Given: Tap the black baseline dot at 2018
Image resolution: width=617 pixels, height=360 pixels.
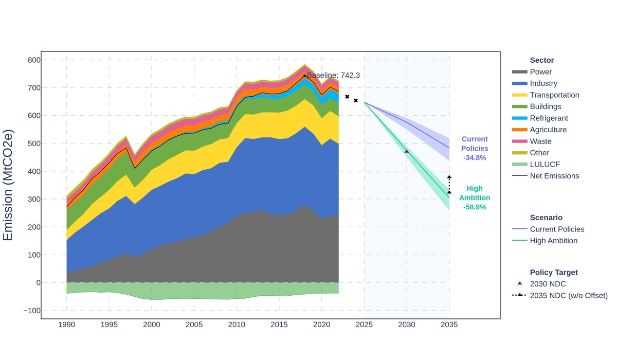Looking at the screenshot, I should [x=304, y=76].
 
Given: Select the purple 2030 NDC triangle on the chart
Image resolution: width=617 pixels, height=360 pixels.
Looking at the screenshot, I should [x=407, y=151].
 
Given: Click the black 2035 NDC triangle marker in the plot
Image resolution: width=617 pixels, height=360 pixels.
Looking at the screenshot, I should [x=449, y=192].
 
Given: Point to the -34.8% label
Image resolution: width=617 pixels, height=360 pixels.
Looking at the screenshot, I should [x=475, y=158].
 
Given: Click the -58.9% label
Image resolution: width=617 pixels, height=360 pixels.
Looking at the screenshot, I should [x=475, y=207].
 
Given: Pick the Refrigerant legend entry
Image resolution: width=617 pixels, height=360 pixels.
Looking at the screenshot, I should [x=549, y=118].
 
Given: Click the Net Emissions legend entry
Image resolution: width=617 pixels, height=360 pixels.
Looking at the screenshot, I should [x=554, y=176].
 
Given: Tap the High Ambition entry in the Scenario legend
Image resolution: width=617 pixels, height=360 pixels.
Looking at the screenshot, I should [x=553, y=241].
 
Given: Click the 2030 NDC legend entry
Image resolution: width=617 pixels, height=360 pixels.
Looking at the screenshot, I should [x=548, y=284].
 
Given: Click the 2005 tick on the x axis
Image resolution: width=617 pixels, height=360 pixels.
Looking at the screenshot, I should [x=194, y=325].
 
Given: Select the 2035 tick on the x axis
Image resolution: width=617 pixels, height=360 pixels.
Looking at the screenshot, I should [x=449, y=325].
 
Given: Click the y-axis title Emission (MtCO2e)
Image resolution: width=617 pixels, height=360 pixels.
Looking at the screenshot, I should [x=8, y=185].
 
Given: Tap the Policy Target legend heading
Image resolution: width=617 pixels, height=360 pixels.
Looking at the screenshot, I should [x=554, y=273].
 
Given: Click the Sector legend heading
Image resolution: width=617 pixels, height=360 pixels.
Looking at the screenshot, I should [x=542, y=60].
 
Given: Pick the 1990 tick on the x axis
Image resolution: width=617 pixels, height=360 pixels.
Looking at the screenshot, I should [x=66, y=325].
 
